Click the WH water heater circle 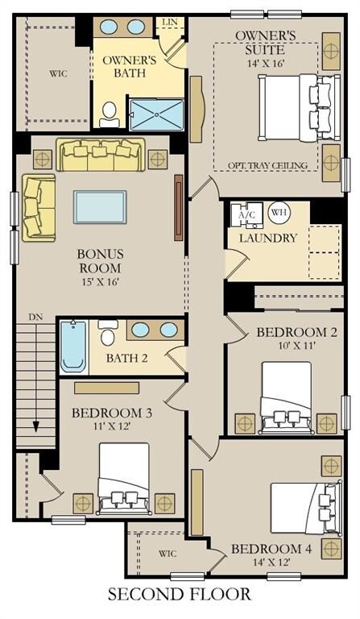[279, 213]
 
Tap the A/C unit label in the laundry [247, 215]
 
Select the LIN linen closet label [170, 22]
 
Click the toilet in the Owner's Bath [109, 114]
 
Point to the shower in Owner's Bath [157, 114]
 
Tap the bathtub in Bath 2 [74, 346]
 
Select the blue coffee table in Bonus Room [100, 207]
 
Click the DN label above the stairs [35, 317]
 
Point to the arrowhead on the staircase [36, 426]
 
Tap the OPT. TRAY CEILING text [267, 165]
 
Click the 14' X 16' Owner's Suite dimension [266, 63]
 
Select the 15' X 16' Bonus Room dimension [100, 282]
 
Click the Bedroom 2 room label [297, 332]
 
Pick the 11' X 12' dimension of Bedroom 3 [112, 426]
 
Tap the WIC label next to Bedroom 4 [168, 554]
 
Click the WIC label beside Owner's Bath [58, 74]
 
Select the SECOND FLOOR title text [180, 595]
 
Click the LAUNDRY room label [268, 238]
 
